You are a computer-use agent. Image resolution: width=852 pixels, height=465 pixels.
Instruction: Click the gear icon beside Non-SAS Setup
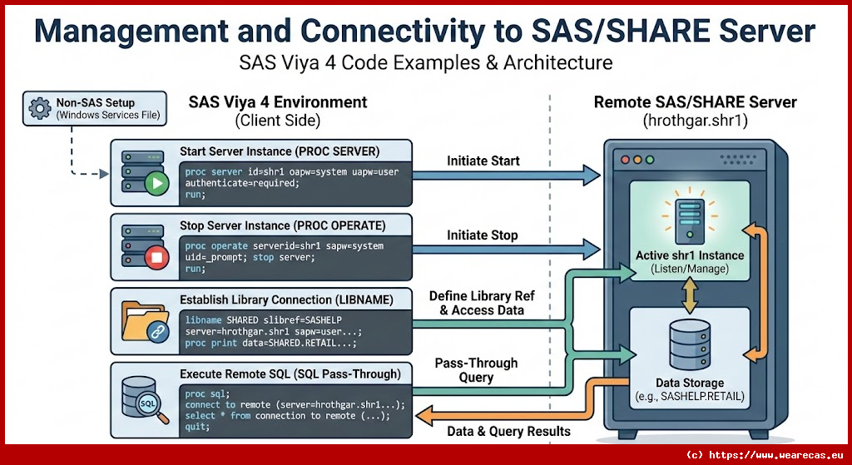coord(39,108)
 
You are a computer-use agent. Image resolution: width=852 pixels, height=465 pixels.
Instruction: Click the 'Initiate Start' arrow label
coord(483,161)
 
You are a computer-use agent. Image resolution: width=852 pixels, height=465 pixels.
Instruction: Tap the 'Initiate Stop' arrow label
coord(482,235)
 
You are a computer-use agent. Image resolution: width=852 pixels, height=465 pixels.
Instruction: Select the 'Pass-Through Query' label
coord(476,370)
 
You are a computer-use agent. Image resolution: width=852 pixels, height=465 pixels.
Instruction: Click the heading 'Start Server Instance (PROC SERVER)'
coord(279,152)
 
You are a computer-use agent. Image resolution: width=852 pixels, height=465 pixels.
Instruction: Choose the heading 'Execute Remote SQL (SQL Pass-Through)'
coord(290,374)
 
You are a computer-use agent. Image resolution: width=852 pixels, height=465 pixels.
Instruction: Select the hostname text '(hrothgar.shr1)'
coord(695,121)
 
